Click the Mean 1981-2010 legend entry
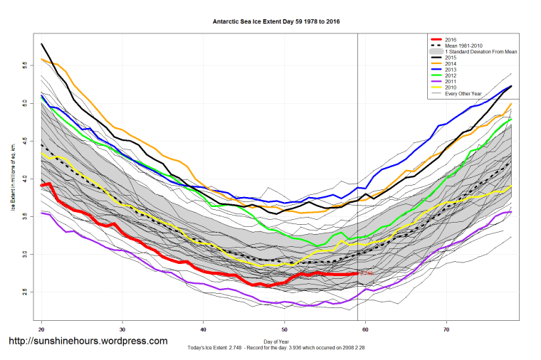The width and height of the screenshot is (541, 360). click(x=463, y=46)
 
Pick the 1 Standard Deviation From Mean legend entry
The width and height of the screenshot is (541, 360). click(x=477, y=52)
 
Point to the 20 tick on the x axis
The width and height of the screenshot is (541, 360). click(x=41, y=329)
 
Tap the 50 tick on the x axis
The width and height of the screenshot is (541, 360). click(x=285, y=329)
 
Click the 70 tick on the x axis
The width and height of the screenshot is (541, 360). click(x=446, y=329)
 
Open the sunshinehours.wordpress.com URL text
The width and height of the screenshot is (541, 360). click(x=88, y=342)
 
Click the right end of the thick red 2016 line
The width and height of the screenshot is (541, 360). click(x=357, y=273)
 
